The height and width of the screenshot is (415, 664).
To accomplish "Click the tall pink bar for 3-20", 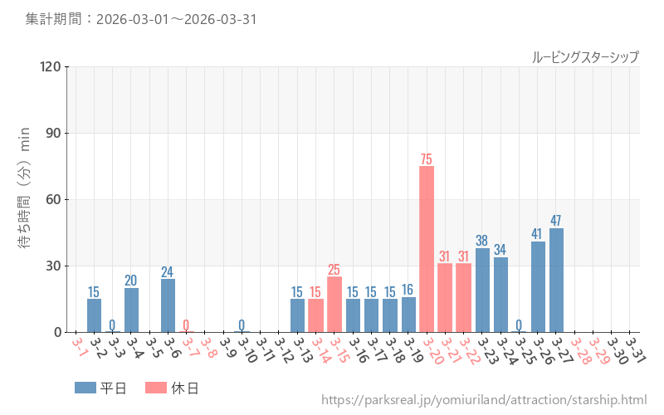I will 427,249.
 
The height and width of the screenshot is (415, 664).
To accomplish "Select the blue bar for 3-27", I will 556,281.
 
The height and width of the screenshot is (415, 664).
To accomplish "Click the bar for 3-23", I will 482,290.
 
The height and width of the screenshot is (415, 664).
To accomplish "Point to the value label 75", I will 427,159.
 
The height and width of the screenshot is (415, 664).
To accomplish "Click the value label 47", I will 556,221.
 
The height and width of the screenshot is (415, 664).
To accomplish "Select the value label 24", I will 168,271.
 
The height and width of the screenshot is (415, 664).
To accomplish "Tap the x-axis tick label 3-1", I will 79,347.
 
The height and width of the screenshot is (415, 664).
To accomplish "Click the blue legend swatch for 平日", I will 85,388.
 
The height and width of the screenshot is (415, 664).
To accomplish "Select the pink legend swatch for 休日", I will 155,388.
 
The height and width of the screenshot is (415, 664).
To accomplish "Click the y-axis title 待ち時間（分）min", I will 25,199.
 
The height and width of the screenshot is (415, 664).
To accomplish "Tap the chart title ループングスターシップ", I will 585,56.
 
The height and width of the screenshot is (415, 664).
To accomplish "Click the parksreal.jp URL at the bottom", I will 484,400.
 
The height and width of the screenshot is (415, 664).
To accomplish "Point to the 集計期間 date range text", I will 140,19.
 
